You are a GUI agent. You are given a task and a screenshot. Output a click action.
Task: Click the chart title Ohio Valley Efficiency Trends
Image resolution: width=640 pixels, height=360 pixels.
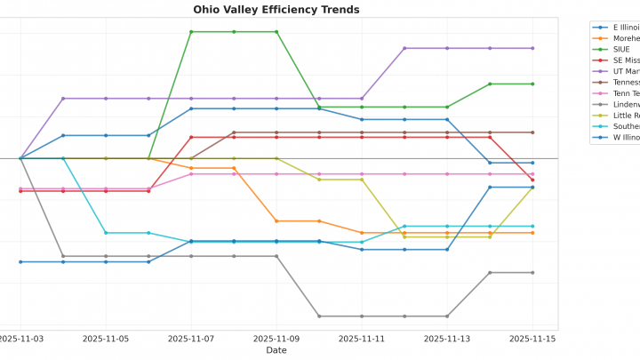(276, 10)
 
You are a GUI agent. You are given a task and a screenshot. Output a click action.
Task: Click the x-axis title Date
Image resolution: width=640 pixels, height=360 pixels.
(276, 350)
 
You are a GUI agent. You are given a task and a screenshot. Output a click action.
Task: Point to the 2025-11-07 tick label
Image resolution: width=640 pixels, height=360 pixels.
(191, 339)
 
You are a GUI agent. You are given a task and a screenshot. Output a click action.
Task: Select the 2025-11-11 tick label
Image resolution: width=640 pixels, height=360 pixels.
(362, 339)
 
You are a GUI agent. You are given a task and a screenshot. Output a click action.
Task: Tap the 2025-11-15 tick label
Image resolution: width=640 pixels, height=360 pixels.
(532, 339)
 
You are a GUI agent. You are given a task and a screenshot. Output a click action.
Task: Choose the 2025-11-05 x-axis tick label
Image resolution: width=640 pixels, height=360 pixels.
(106, 339)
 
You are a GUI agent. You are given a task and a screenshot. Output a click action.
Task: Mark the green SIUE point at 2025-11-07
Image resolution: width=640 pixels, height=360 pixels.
(191, 32)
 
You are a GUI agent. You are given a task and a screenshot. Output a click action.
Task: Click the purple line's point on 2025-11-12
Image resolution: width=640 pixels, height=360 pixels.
(404, 48)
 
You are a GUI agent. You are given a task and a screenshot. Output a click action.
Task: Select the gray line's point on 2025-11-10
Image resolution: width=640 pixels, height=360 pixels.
(319, 316)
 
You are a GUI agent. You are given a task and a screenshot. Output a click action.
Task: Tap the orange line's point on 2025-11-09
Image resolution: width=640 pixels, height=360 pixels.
(276, 220)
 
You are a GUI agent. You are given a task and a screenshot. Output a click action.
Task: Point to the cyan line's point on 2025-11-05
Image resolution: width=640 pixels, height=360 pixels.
(106, 233)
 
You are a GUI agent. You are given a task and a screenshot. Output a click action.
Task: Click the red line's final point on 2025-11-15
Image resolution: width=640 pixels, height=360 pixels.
(532, 180)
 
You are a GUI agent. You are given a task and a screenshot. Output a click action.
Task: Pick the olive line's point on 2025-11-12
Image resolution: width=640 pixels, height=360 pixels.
(404, 236)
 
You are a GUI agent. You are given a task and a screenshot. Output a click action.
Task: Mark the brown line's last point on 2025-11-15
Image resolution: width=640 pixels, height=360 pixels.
(532, 132)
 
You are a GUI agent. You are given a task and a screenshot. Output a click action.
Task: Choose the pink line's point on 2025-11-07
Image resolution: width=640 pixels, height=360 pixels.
(191, 174)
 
